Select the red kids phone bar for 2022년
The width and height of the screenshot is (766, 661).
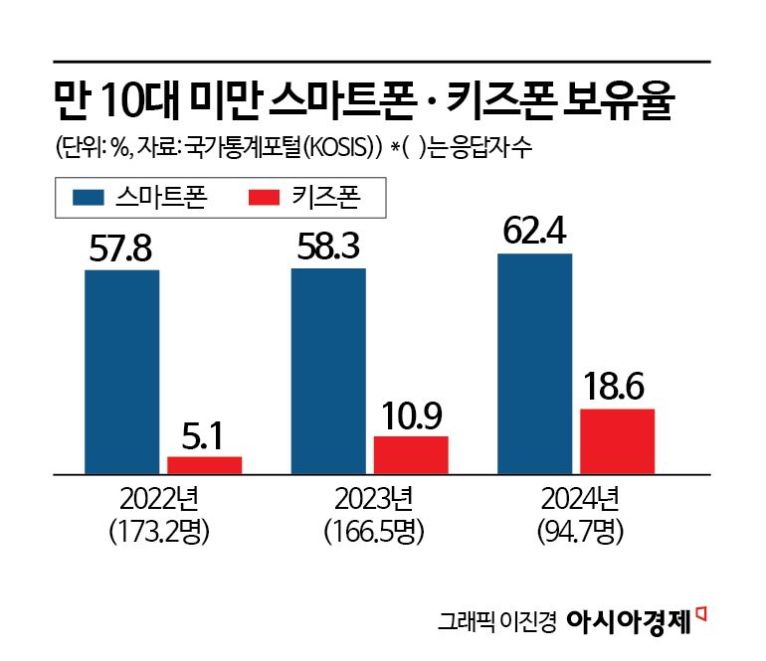click(x=204, y=464)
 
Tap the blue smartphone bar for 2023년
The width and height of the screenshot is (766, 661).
click(x=328, y=371)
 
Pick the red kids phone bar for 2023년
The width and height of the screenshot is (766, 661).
click(x=411, y=454)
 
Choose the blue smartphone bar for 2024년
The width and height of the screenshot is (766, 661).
click(x=534, y=363)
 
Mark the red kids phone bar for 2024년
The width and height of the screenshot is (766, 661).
click(x=617, y=440)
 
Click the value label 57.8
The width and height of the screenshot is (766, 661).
click(x=121, y=248)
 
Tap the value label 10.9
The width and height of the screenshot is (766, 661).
click(x=411, y=415)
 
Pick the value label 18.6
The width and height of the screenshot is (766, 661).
click(x=617, y=388)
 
